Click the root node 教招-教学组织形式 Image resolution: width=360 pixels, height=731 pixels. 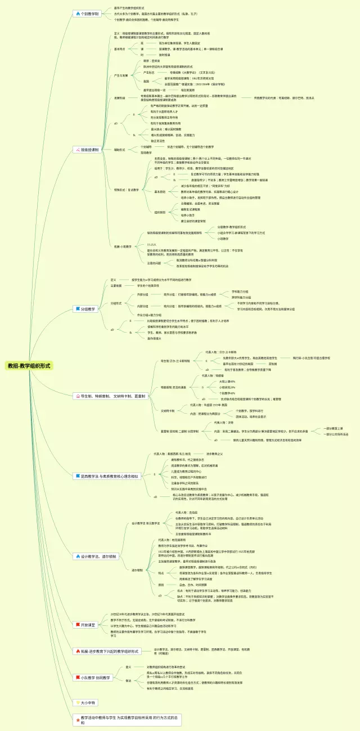pyautogui.click(x=29, y=365)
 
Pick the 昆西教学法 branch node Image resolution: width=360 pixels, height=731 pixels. pyautogui.click(x=106, y=476)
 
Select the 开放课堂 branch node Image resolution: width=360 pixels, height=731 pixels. pyautogui.click(x=85, y=625)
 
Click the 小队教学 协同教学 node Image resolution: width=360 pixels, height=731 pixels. pyautogui.click(x=93, y=678)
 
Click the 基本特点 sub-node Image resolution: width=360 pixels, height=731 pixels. pyautogui.click(x=120, y=49)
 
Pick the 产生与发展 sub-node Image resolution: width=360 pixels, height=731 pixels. pyautogui.click(x=120, y=75)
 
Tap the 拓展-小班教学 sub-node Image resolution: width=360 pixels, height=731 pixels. pyautogui.click(x=123, y=246)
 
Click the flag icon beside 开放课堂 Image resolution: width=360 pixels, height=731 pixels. pyautogui.click(x=78, y=625)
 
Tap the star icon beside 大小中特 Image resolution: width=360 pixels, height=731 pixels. pyautogui.click(x=78, y=703)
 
